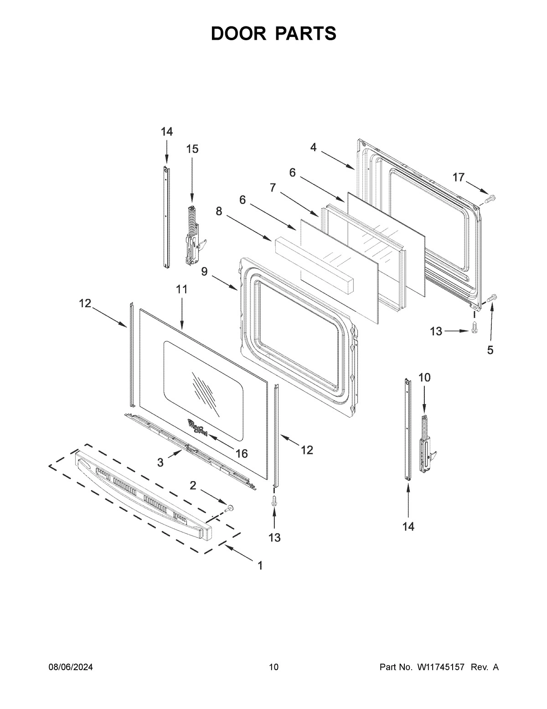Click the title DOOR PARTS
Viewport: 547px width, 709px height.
tap(273, 34)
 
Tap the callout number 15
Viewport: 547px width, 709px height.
tap(192, 149)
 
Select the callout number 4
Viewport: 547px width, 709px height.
tap(313, 147)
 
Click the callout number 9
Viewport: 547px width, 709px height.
tap(204, 272)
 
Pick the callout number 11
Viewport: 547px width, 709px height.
tap(181, 289)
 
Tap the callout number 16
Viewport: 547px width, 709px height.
tap(241, 453)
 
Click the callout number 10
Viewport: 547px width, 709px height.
tap(424, 378)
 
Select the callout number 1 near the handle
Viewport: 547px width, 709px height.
tap(260, 566)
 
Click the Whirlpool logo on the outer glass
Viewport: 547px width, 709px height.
tap(197, 428)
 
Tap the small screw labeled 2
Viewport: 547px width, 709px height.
tap(230, 508)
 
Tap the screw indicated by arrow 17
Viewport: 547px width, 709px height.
tap(491, 199)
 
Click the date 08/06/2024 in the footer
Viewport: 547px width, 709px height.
tap(71, 667)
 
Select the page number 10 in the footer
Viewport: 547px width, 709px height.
tap(273, 667)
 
